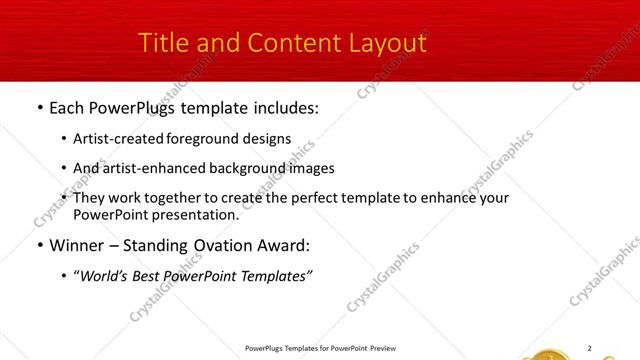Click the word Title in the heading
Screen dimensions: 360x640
pos(163,43)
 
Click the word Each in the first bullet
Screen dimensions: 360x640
pos(69,106)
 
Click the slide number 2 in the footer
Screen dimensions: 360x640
pos(589,348)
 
